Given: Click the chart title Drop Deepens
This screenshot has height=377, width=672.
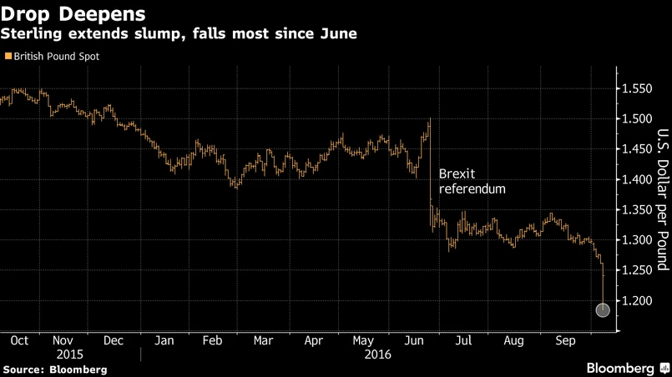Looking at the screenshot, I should [73, 14].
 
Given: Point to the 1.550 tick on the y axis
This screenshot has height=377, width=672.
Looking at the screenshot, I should [637, 88].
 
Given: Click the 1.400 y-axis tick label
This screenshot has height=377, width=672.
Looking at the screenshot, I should [637, 179].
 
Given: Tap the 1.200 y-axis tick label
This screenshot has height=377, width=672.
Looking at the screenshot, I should [637, 300].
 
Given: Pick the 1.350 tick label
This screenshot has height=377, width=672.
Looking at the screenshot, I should [637, 209].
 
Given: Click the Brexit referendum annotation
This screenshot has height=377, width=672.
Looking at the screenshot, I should [472, 182].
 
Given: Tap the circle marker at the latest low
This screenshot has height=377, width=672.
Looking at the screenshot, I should [603, 310].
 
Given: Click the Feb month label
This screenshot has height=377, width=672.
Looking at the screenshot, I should [212, 340].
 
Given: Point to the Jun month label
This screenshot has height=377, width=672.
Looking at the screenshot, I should [412, 340].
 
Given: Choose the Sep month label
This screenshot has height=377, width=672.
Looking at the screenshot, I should [565, 340].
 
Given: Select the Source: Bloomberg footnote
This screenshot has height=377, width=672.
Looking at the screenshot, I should [55, 369].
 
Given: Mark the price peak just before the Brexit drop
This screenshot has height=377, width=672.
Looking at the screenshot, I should [429, 120].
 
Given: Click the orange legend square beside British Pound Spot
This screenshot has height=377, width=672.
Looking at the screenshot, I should [8, 57].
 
